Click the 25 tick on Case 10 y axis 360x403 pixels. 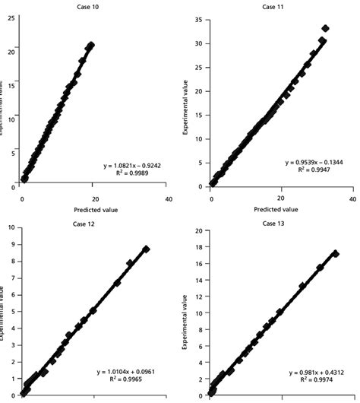click(10, 17)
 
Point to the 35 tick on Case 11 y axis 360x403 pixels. click(197, 17)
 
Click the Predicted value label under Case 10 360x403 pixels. click(94, 209)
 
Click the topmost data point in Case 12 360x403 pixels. click(146, 249)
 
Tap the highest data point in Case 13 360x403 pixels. click(334, 254)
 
